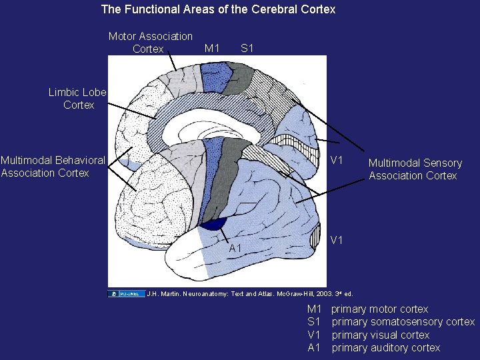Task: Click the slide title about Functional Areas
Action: [x=218, y=9]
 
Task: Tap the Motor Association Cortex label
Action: [x=150, y=42]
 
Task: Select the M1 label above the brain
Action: [x=212, y=48]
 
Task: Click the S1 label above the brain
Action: [x=247, y=48]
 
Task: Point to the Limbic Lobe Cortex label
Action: [x=77, y=99]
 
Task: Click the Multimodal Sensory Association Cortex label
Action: [x=415, y=169]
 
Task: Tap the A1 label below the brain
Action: [x=235, y=248]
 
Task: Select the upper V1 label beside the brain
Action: [x=337, y=161]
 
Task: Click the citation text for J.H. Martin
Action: [x=249, y=293]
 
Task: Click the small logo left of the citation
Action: [x=126, y=293]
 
